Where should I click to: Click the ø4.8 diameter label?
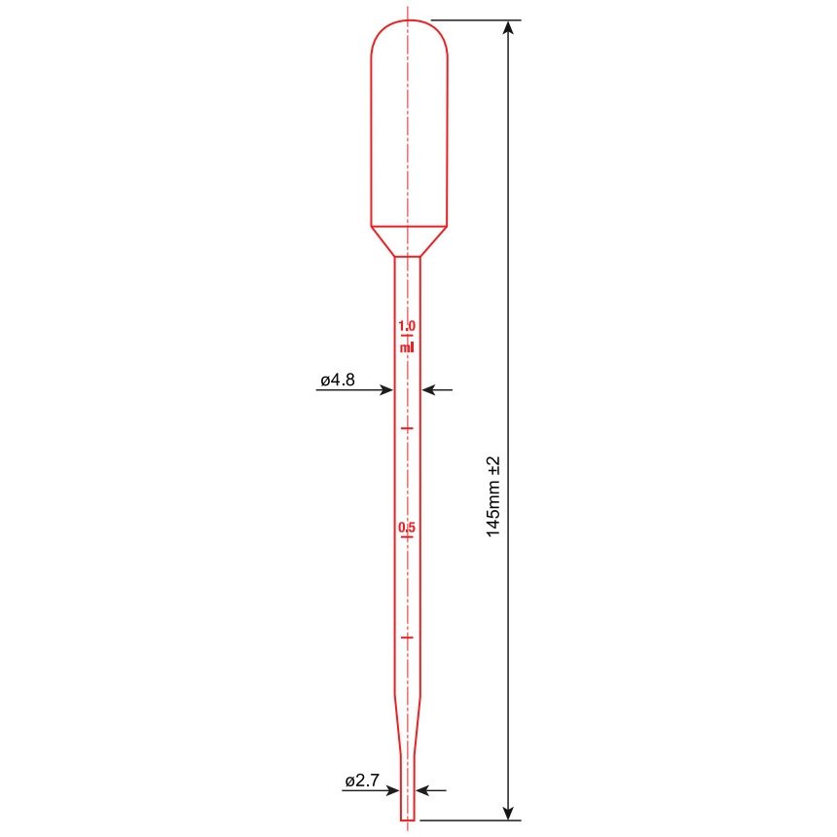pos(338,382)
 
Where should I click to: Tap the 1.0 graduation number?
pos(407,325)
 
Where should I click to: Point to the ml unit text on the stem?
pos(407,346)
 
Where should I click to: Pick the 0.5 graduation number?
pos(407,528)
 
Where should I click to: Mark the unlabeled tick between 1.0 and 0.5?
pos(407,428)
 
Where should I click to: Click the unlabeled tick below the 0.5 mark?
pos(407,637)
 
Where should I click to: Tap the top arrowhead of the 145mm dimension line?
pos(506,27)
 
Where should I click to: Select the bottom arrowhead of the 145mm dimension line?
pos(506,811)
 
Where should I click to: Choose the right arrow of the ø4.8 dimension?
pos(429,390)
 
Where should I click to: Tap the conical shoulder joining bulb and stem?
pos(409,240)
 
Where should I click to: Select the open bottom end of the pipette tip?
pos(408,819)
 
